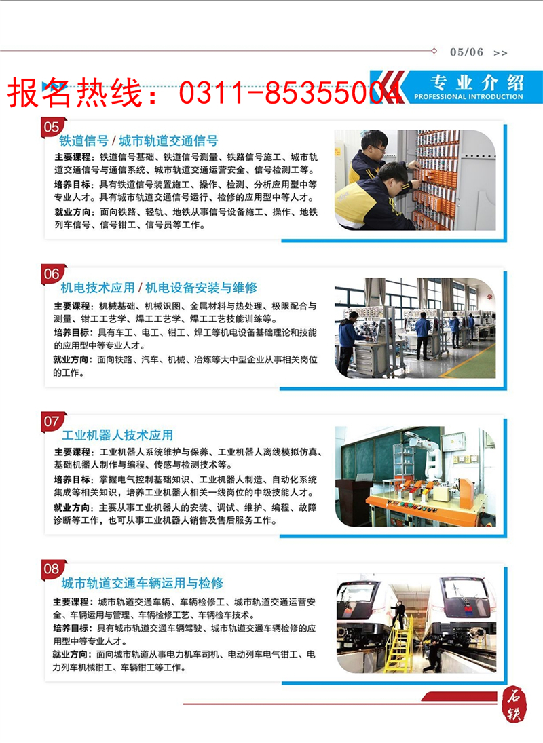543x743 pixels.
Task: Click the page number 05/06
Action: click(x=466, y=52)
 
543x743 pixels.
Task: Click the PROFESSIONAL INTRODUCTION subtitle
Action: click(x=468, y=97)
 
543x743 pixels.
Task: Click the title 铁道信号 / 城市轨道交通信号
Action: click(x=138, y=141)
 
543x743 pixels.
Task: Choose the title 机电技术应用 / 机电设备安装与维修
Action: click(x=159, y=288)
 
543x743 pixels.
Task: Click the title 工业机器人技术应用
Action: click(x=117, y=435)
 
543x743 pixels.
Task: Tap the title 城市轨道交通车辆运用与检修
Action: click(x=142, y=583)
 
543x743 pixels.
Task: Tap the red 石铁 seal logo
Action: click(x=516, y=703)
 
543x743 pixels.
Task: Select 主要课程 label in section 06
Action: click(x=71, y=306)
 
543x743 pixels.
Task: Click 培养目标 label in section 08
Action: click(x=71, y=628)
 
